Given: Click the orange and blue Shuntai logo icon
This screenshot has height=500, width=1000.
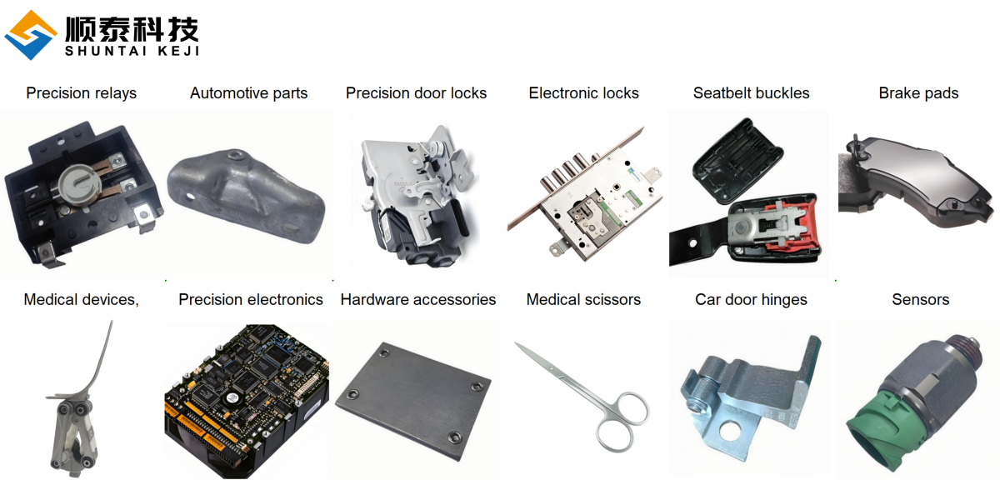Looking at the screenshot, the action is [x=30, y=35].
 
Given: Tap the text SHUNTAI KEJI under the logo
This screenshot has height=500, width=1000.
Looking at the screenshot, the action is [x=132, y=51].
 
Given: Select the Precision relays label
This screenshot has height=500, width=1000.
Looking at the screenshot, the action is [x=82, y=92].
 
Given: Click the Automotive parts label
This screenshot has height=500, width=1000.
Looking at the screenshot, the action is [x=248, y=92].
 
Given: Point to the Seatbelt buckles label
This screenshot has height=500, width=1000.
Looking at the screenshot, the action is [x=752, y=92].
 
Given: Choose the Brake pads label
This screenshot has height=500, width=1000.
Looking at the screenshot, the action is [x=918, y=92].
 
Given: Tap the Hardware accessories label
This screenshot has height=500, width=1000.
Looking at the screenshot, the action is [x=417, y=299].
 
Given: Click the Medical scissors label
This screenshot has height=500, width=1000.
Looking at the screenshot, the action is [x=583, y=299].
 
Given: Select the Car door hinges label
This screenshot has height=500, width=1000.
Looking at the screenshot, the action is [x=752, y=299].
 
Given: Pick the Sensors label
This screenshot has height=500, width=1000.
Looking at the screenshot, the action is [x=921, y=299].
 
